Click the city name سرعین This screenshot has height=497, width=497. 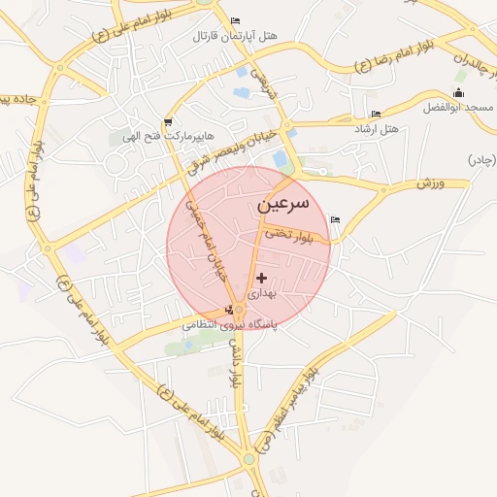coord(283,206)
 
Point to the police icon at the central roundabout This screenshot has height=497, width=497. coord(229,310)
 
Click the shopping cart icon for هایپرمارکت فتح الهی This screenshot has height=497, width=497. coord(169,122)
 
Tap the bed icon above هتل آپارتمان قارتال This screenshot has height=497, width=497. coord(235,21)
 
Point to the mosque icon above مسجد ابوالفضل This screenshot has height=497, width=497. coord(458,93)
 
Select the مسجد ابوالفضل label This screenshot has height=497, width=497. coord(456,106)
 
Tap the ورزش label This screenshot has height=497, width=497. coord(430,182)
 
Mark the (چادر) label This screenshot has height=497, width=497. coord(481,158)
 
